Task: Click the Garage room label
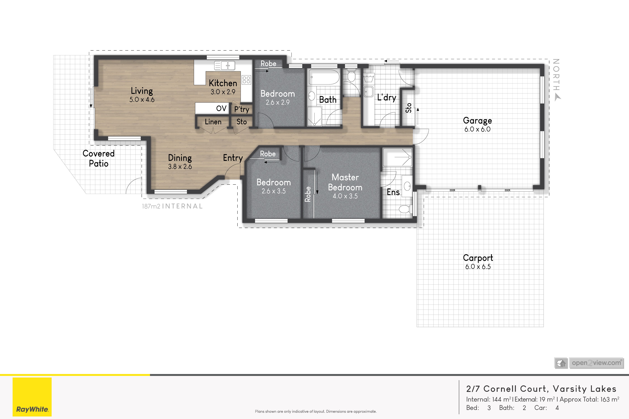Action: (477, 121)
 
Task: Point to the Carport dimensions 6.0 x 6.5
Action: (478, 267)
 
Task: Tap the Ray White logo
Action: (32, 397)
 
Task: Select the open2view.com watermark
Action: (589, 363)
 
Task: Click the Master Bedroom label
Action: (345, 182)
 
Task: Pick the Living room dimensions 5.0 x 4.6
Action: (142, 100)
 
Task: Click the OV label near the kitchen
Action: (221, 109)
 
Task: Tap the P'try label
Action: (242, 109)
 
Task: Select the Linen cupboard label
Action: (213, 122)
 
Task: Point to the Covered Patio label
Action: (99, 159)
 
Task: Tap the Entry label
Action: (233, 158)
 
